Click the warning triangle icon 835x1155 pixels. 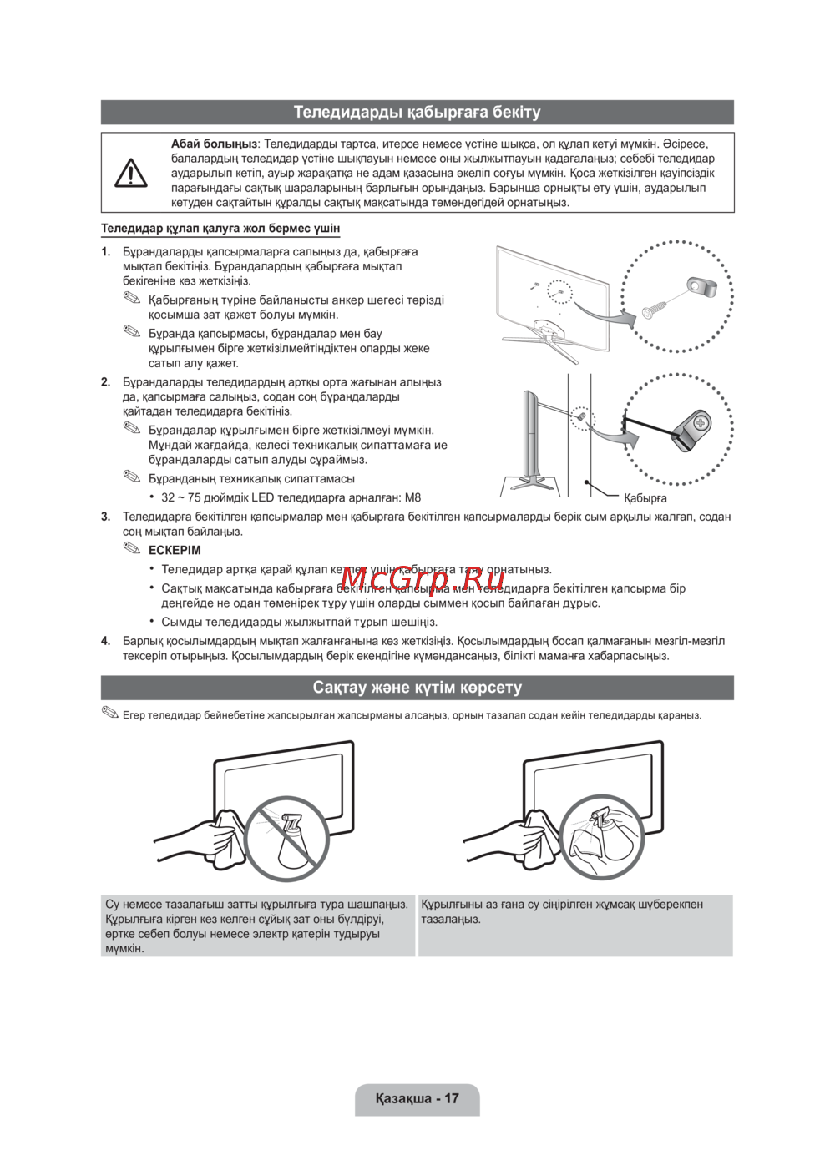[131, 173]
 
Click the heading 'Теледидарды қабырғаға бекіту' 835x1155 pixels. [417, 112]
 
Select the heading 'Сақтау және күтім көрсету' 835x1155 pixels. [417, 688]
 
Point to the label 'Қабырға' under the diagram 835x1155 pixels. [645, 498]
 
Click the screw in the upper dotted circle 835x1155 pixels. [655, 310]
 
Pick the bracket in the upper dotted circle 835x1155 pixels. [701, 287]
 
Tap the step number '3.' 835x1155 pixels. [106, 517]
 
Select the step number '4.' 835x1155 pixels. [106, 641]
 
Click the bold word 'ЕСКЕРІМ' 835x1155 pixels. [175, 550]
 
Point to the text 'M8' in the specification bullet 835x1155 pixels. [412, 497]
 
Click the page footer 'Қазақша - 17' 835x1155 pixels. [417, 1098]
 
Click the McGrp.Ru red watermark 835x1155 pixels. [422, 576]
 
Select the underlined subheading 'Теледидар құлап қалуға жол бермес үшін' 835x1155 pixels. [220, 228]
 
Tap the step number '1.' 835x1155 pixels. [106, 251]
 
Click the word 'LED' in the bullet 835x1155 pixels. [262, 497]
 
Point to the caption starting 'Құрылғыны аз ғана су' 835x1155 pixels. [561, 911]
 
